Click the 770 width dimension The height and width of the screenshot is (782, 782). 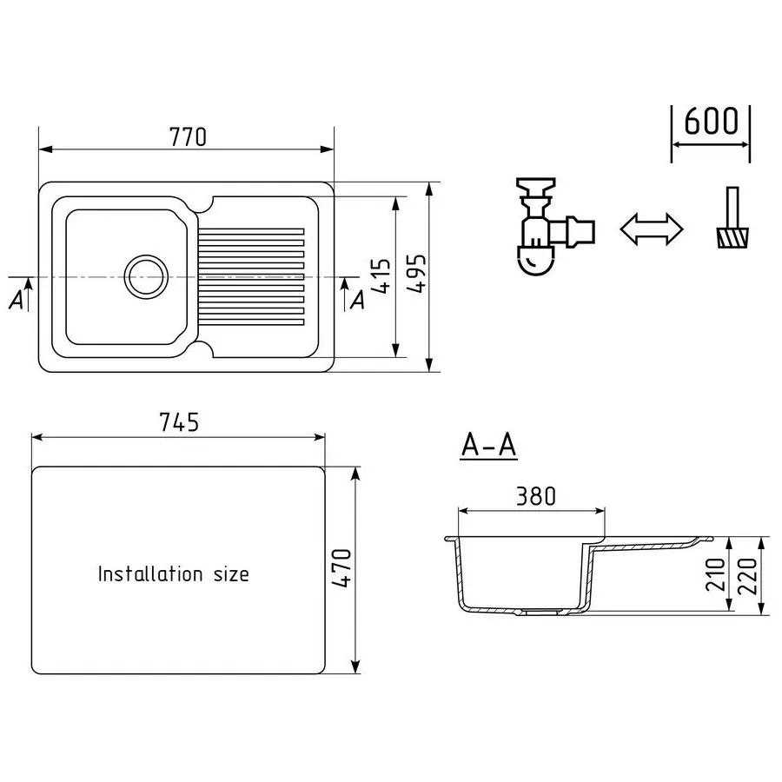point(188,137)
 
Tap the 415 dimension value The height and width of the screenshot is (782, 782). point(381,275)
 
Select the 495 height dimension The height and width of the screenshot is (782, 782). point(416,274)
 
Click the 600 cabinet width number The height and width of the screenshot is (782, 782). point(711,121)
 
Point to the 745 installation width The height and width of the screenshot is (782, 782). point(179,422)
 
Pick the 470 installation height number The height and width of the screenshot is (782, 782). point(341,568)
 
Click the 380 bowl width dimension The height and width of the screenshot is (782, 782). point(535,497)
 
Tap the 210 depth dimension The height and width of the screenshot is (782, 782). point(715,574)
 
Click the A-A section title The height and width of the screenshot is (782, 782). point(488,445)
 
